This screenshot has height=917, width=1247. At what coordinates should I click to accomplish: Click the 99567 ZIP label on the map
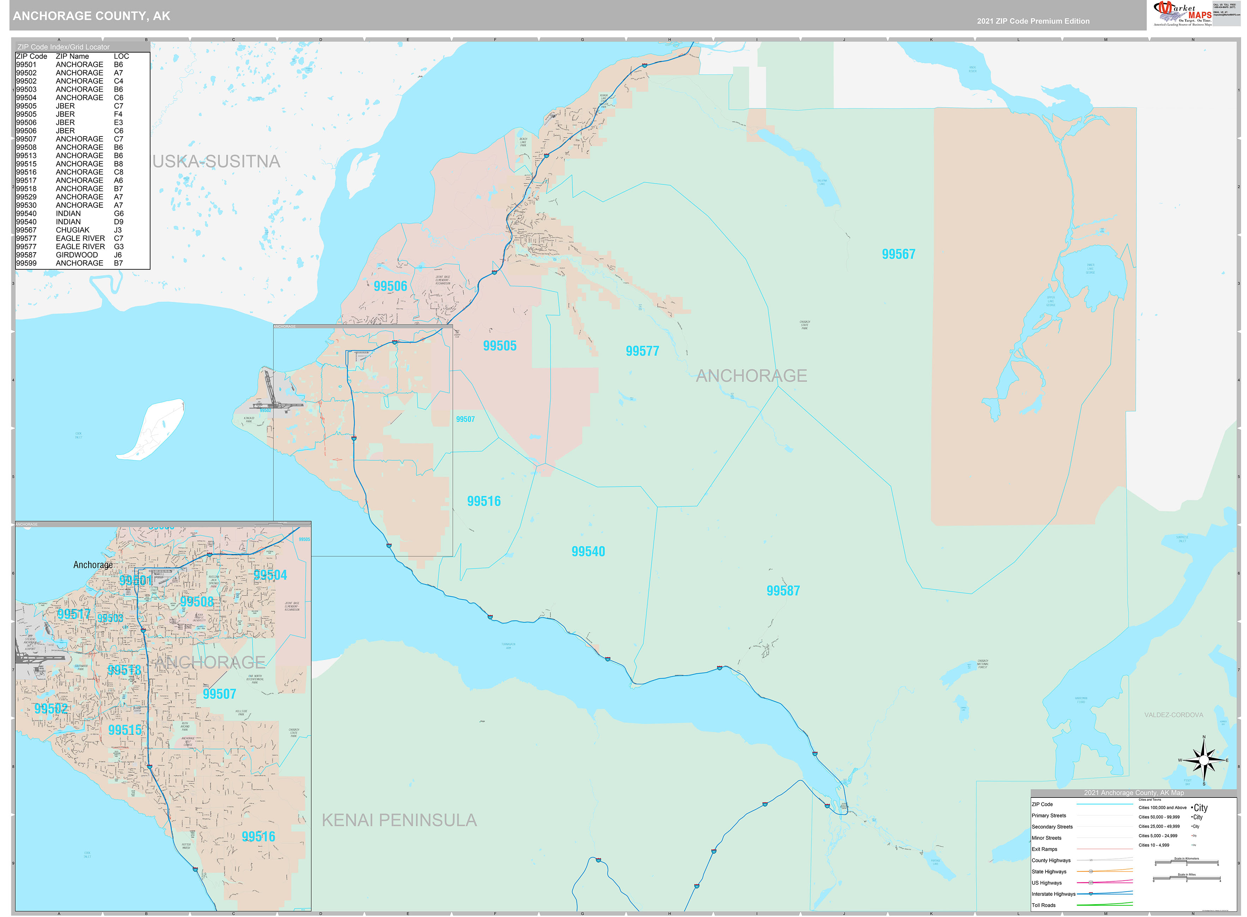click(x=898, y=254)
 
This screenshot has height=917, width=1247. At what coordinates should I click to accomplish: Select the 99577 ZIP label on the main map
click(x=642, y=351)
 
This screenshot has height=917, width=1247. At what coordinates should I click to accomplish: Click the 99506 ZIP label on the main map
click(x=390, y=286)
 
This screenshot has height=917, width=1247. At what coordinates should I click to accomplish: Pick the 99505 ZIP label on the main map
click(x=499, y=346)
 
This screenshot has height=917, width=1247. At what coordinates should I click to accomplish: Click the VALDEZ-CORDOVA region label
click(x=1173, y=715)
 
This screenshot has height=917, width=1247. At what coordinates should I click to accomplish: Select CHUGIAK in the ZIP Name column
click(x=72, y=230)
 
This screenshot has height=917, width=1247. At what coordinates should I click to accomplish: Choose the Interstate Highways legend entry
click(x=1053, y=894)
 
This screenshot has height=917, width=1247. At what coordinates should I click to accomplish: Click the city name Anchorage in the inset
click(x=93, y=565)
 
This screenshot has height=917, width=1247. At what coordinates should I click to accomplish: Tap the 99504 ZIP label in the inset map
click(x=270, y=575)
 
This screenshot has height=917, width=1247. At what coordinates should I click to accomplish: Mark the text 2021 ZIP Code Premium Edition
click(x=1033, y=21)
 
